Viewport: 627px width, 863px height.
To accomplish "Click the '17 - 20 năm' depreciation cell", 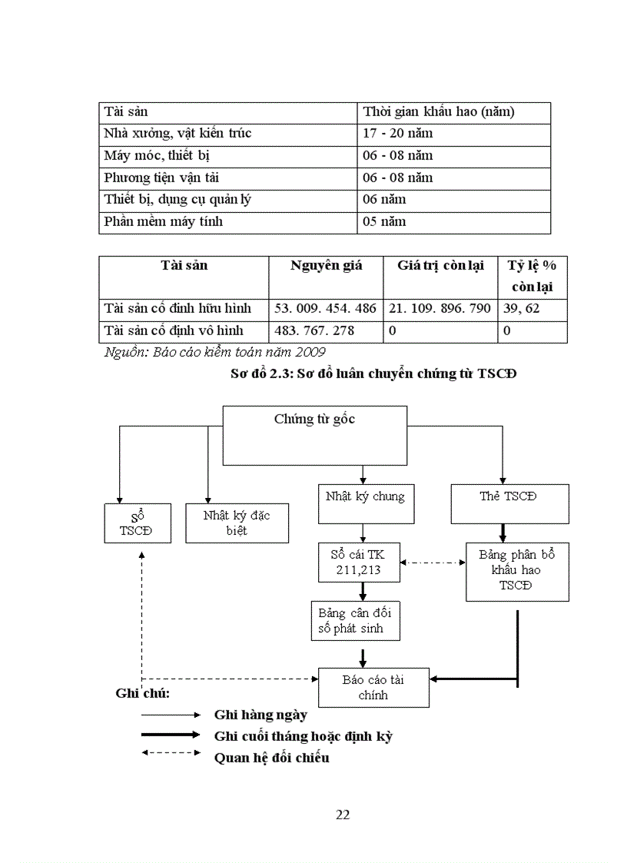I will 398,134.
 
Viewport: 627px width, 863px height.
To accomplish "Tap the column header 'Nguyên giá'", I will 326,266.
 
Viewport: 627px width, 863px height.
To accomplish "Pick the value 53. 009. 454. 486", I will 326,309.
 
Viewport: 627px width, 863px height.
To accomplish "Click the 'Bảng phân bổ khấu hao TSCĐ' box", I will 516,570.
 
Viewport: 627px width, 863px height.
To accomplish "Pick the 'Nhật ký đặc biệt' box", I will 237,523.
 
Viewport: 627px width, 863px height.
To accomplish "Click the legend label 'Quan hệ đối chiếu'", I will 271,758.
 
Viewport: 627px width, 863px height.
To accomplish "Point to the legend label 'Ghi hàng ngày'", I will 260,715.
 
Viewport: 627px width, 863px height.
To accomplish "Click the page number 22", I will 343,815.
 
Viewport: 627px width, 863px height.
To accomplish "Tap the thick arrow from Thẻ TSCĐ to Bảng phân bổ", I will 503,533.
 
